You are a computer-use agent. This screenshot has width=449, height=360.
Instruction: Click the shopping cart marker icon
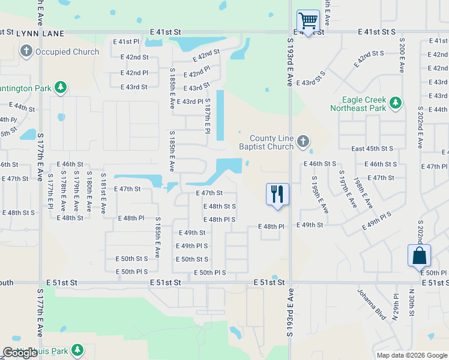(x=308, y=21)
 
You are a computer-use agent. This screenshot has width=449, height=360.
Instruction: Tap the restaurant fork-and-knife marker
(x=277, y=194)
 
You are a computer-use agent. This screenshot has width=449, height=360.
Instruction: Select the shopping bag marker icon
(x=419, y=256)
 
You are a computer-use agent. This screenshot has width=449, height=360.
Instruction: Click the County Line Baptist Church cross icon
(x=303, y=142)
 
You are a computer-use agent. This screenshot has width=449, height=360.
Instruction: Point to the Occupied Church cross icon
(x=26, y=52)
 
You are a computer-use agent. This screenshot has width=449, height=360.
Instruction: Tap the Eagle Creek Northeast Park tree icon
(x=395, y=104)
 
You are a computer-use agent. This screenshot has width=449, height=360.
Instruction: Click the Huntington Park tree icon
(x=61, y=88)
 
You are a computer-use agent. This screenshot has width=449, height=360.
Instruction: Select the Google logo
(x=20, y=353)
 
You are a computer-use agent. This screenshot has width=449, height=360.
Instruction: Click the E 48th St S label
(x=219, y=206)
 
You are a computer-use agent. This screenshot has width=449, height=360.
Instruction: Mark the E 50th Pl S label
(x=209, y=273)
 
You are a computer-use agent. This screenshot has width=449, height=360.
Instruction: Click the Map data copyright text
(x=411, y=355)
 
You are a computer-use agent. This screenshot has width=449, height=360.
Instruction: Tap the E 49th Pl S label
(x=191, y=246)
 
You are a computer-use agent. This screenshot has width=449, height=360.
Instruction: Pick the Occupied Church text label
(x=67, y=52)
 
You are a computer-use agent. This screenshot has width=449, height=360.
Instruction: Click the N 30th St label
(x=412, y=306)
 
